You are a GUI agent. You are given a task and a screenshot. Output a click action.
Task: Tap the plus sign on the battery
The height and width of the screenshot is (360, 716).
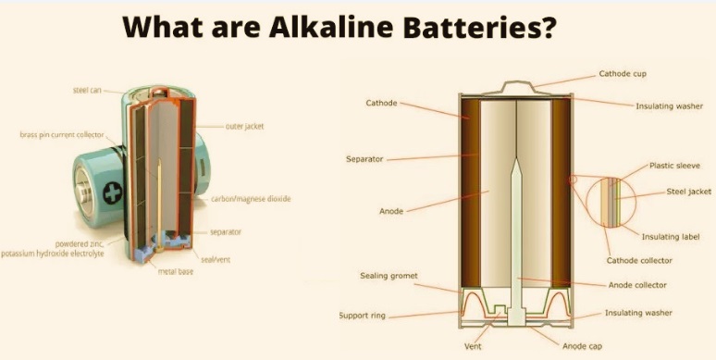coord(112,194)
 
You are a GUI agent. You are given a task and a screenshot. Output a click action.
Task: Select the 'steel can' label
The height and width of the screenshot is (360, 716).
coord(87,90)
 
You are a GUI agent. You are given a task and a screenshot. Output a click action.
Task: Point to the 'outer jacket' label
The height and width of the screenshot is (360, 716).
coord(244,125)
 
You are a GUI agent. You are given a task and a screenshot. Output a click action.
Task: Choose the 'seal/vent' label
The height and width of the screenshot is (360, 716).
coord(216,259)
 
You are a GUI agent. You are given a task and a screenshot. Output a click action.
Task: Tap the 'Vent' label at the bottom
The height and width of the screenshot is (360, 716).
coord(472,347)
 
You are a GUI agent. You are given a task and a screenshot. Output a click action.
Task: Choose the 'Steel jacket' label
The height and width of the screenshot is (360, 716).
coord(689,192)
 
